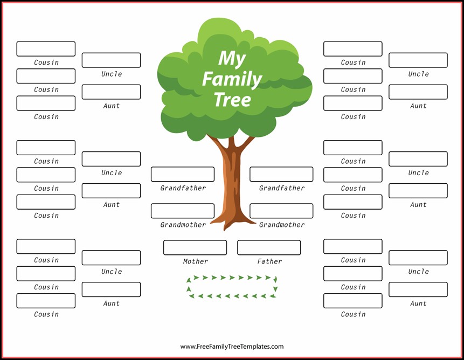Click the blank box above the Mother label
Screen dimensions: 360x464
(x=195, y=247)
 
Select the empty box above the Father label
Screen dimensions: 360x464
(x=269, y=247)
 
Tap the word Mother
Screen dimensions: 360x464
(x=195, y=261)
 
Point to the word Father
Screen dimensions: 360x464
(x=269, y=261)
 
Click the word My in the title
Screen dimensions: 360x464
(x=232, y=59)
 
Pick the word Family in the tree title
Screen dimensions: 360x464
(x=232, y=79)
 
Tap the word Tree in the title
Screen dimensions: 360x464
(x=232, y=100)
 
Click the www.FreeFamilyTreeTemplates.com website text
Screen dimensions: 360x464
(x=232, y=347)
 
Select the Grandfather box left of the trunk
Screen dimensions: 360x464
(x=183, y=174)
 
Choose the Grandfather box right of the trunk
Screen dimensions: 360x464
(x=281, y=174)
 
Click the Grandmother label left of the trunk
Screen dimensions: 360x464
(x=183, y=225)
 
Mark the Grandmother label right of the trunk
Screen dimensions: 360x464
(x=282, y=225)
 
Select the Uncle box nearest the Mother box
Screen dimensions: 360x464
(x=111, y=258)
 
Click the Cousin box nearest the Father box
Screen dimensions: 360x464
(x=353, y=246)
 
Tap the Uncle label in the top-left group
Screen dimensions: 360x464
(x=112, y=74)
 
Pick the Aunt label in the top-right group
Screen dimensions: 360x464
(x=418, y=106)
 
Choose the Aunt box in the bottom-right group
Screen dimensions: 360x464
(x=418, y=289)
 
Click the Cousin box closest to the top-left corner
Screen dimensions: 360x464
(x=46, y=49)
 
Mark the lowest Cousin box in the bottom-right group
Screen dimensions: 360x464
(x=353, y=301)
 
